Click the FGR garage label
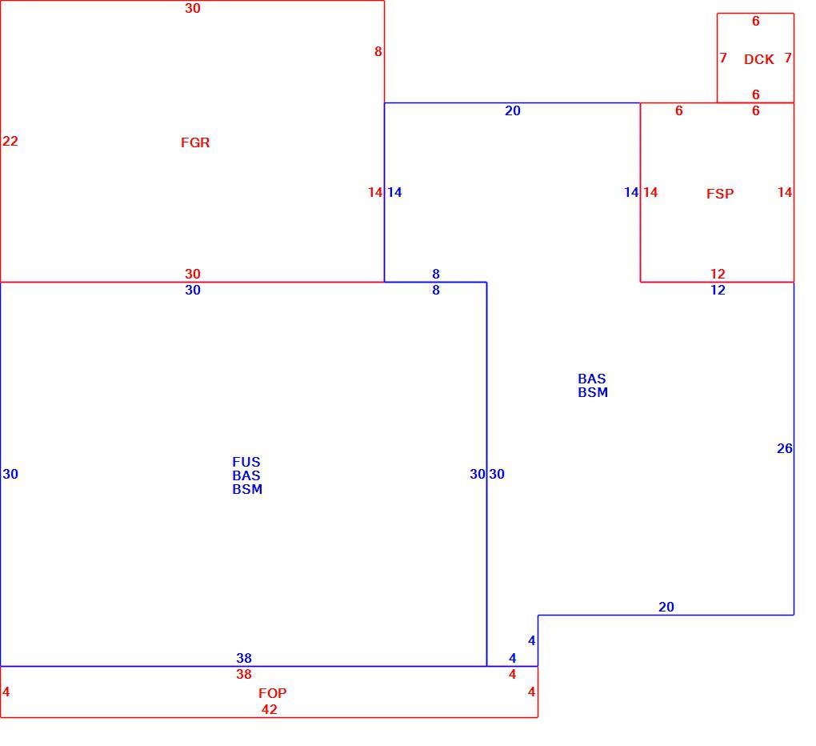(x=195, y=142)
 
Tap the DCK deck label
(x=758, y=59)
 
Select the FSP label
(x=720, y=194)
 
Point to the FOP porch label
(x=272, y=693)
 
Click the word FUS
(x=246, y=462)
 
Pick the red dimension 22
(x=10, y=141)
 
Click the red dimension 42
(x=269, y=709)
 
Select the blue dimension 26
(x=784, y=448)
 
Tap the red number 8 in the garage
(x=378, y=51)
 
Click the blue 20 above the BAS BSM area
(x=513, y=110)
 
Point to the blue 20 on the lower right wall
(x=666, y=607)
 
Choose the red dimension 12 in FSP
(x=718, y=274)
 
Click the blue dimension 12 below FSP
(x=718, y=290)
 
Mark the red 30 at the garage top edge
(x=193, y=8)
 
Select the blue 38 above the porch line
(x=243, y=658)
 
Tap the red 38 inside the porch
(x=243, y=674)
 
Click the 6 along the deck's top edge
(x=756, y=21)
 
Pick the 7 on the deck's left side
(x=723, y=58)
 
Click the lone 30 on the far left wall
(x=10, y=474)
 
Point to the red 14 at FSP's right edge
(x=785, y=193)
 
